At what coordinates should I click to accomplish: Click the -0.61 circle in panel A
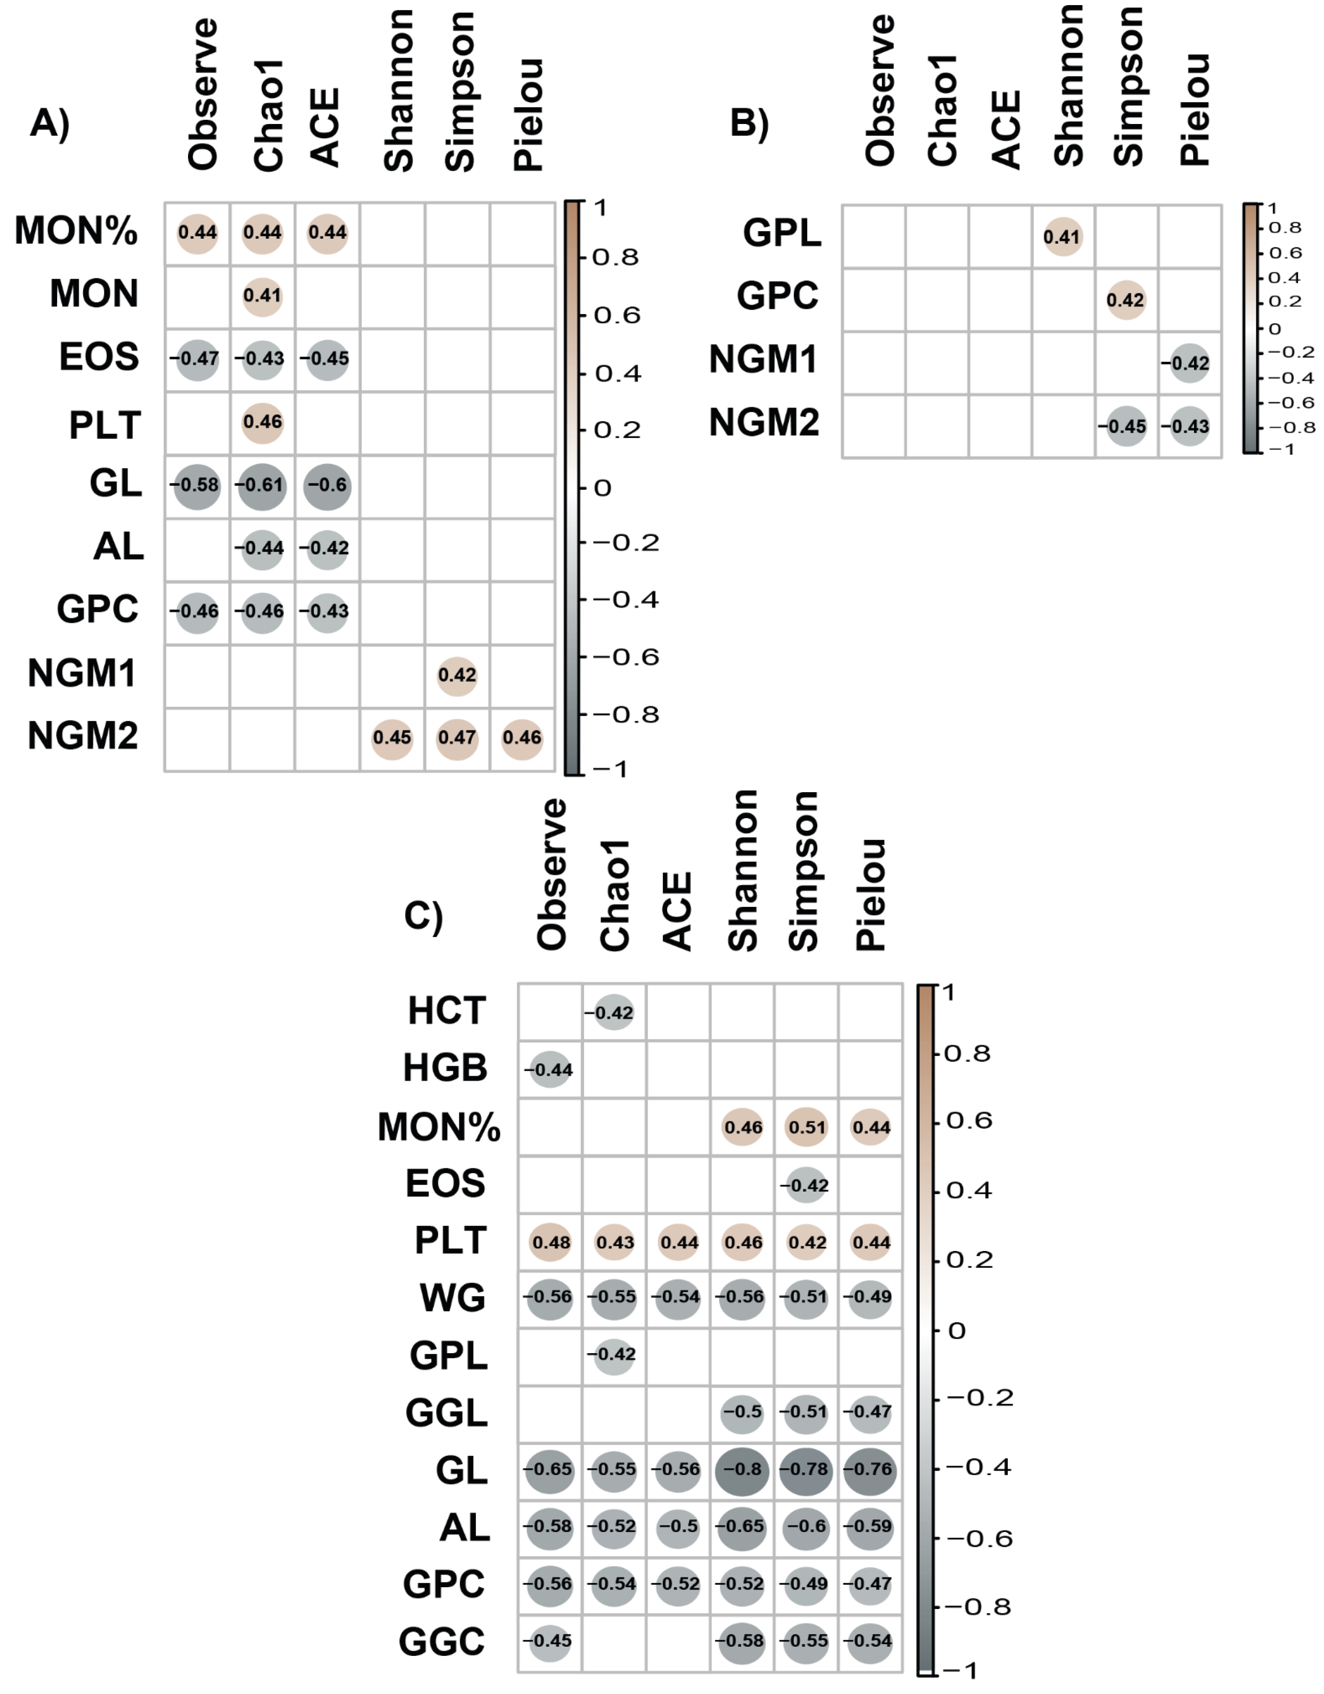262,486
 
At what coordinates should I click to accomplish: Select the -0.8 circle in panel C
742,1469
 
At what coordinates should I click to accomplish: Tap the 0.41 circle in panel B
1062,236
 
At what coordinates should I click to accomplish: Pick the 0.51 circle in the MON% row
807,1127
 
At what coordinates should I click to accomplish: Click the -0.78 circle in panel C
807,1469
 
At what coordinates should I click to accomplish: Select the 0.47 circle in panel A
457,737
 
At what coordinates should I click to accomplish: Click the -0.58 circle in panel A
197,486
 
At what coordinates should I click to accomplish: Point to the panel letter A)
51,124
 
